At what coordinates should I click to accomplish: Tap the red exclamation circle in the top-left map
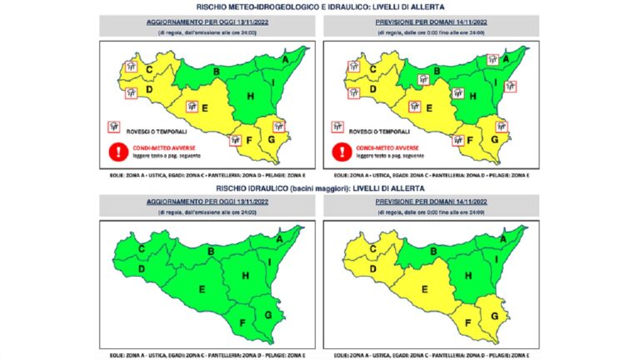(x=116, y=152)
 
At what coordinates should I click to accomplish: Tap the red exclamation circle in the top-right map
(x=339, y=152)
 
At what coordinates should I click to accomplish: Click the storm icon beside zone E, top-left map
(x=192, y=107)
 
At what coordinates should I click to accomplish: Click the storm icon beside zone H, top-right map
(x=457, y=94)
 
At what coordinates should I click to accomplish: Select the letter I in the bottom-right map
(x=498, y=262)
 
